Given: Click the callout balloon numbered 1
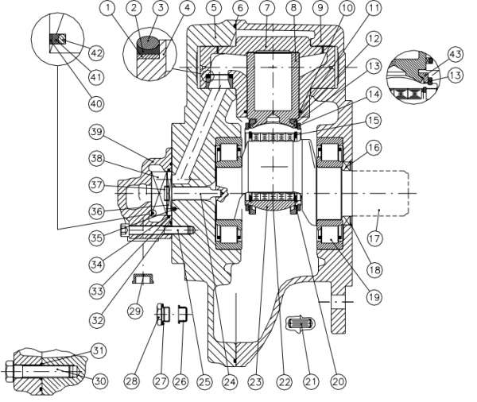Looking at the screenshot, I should [108, 9].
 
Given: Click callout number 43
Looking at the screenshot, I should [455, 54].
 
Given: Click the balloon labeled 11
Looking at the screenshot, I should [351, 9].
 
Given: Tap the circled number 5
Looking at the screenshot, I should [214, 9].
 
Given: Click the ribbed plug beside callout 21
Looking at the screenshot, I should [301, 326].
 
